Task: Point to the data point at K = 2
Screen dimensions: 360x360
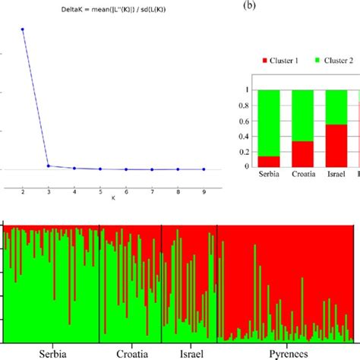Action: [23, 30]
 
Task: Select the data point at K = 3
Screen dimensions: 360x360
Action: [49, 166]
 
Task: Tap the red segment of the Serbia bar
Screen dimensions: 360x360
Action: [269, 161]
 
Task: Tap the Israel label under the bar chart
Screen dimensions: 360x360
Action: [336, 175]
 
